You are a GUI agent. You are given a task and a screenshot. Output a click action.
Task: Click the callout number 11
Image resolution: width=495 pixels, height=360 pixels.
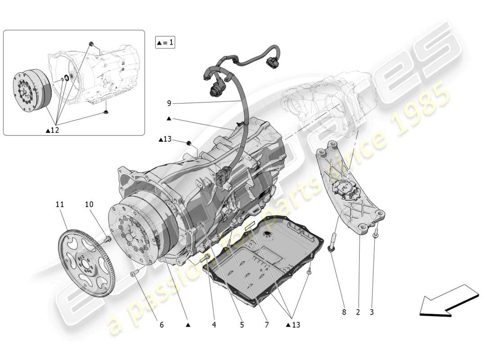tap(59, 204)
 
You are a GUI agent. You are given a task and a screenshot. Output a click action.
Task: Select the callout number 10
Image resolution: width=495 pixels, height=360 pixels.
tap(89, 204)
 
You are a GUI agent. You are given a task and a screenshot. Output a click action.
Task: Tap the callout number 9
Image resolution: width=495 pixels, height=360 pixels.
tap(169, 103)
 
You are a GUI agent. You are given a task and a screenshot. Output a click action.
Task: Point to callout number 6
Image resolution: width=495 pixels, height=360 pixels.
tap(162, 324)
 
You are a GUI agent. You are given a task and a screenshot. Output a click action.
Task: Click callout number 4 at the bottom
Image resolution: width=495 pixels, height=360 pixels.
tap(214, 324)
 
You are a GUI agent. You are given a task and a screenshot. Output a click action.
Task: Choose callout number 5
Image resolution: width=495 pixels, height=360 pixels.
tap(242, 324)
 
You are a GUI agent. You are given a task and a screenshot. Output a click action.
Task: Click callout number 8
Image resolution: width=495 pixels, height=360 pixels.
tap(344, 312)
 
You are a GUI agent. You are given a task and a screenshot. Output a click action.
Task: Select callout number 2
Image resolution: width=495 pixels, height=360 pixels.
tap(359, 312)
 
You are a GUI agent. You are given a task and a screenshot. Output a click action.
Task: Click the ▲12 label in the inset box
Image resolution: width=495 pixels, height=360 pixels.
tap(53, 130)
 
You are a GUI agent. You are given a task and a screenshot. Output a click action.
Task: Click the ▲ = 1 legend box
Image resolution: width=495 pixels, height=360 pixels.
tap(165, 43)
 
